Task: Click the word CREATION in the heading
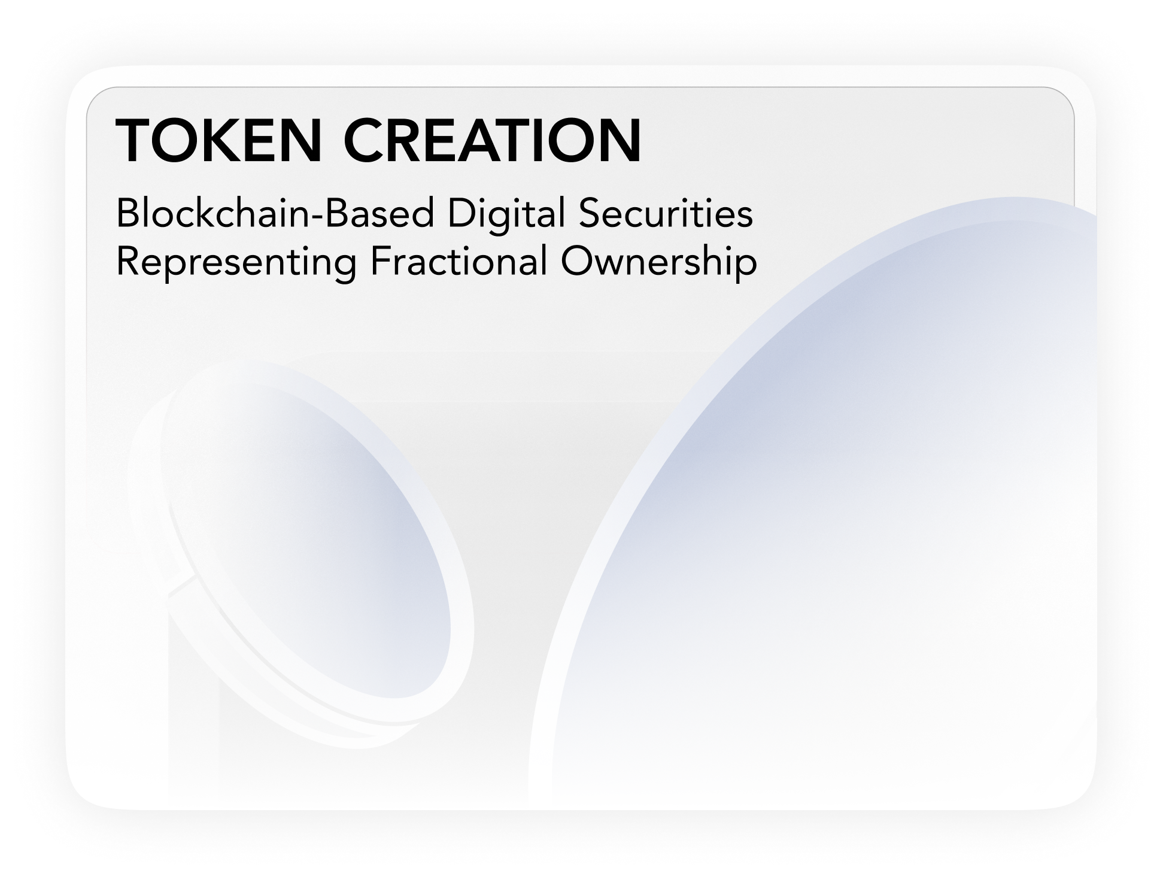click(492, 141)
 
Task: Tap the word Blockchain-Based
click(275, 214)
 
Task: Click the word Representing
click(236, 262)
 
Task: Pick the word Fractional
click(458, 262)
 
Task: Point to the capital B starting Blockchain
click(127, 214)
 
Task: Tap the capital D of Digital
click(460, 214)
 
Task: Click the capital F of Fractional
click(378, 262)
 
